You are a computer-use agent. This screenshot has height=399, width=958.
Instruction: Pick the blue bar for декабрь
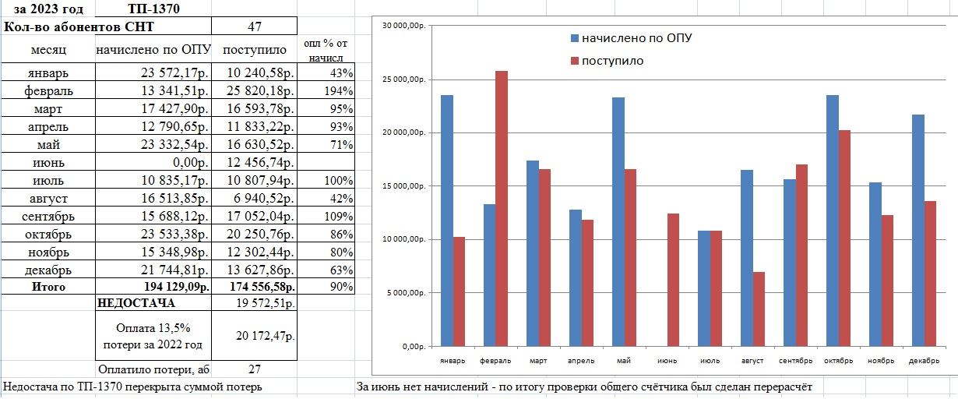point(917,231)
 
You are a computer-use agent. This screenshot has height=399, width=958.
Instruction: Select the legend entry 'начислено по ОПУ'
point(631,37)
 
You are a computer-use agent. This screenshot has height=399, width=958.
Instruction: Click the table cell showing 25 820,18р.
point(258,91)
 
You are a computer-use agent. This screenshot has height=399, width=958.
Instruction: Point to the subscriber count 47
point(254,26)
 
